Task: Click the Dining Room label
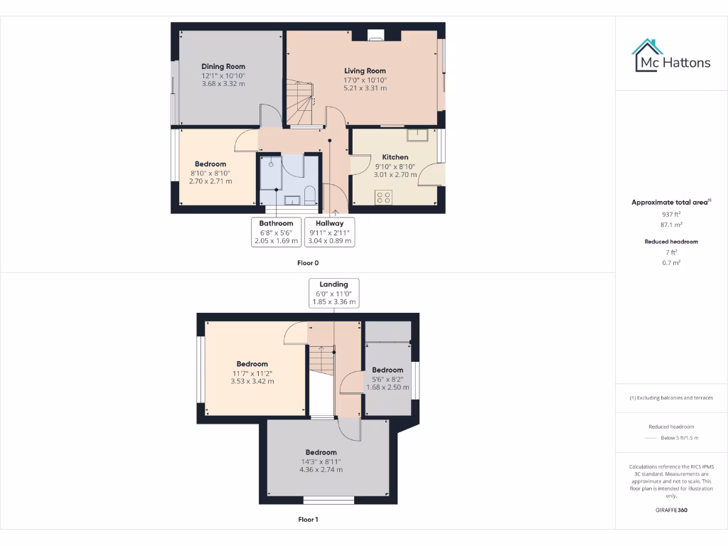pos(223,67)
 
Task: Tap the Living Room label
pos(365,71)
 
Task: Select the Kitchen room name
pos(395,157)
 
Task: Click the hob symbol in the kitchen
pos(384,197)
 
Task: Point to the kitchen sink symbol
pos(417,134)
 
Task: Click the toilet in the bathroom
pos(309,194)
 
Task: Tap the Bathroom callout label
pos(276,223)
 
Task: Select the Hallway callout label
pos(329,223)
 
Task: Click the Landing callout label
pos(333,284)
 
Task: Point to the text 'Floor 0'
pos(308,262)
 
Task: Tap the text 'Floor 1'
pos(308,520)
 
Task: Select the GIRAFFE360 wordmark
pos(671,510)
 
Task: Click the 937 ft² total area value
pos(671,213)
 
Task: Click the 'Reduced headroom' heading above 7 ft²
pos(671,242)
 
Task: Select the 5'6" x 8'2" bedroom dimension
pos(387,379)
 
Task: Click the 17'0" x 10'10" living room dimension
pos(365,80)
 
